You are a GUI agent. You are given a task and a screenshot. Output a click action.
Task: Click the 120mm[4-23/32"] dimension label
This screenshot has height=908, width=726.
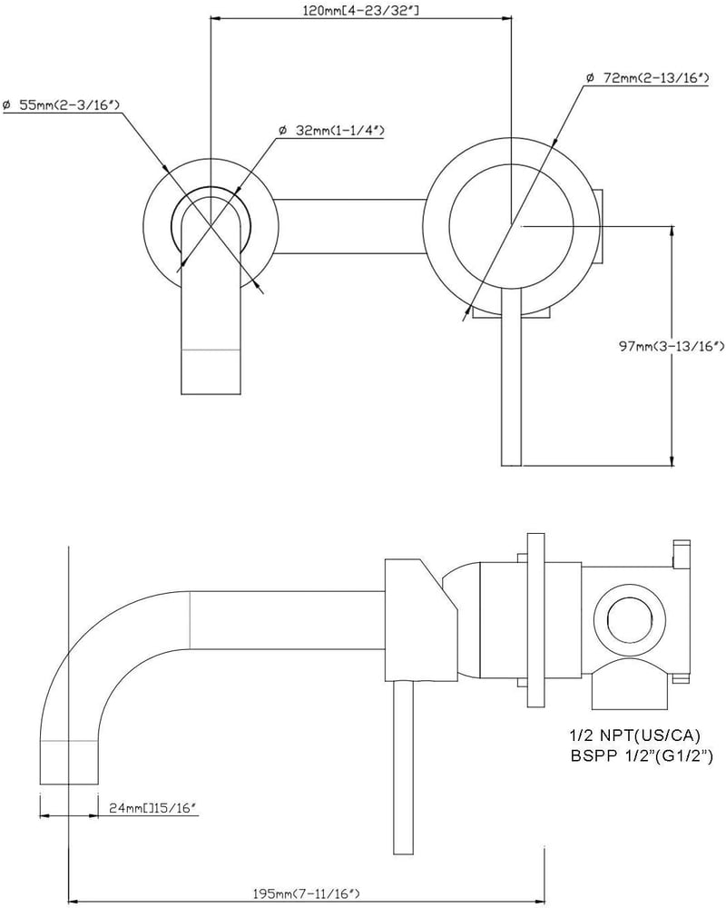[360, 10]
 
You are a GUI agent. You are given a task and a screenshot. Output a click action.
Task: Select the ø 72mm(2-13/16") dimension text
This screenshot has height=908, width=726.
[647, 77]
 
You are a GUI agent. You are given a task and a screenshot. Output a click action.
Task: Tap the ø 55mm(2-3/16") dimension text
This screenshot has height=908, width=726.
[61, 104]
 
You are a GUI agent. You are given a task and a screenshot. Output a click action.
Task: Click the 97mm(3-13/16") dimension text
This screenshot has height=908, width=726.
[671, 346]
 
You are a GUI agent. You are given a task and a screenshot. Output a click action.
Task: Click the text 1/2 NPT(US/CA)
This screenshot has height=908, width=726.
[635, 736]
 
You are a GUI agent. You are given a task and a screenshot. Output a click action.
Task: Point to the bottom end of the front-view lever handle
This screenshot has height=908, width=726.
[511, 464]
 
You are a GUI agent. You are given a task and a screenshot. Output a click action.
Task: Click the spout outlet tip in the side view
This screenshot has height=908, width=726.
[69, 784]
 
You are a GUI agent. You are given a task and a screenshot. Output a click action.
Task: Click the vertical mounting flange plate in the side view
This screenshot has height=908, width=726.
[535, 619]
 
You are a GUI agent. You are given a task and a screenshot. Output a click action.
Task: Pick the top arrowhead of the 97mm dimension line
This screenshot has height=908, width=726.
[672, 230]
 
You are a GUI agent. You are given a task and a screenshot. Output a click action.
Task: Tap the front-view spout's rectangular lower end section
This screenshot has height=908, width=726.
[211, 371]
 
